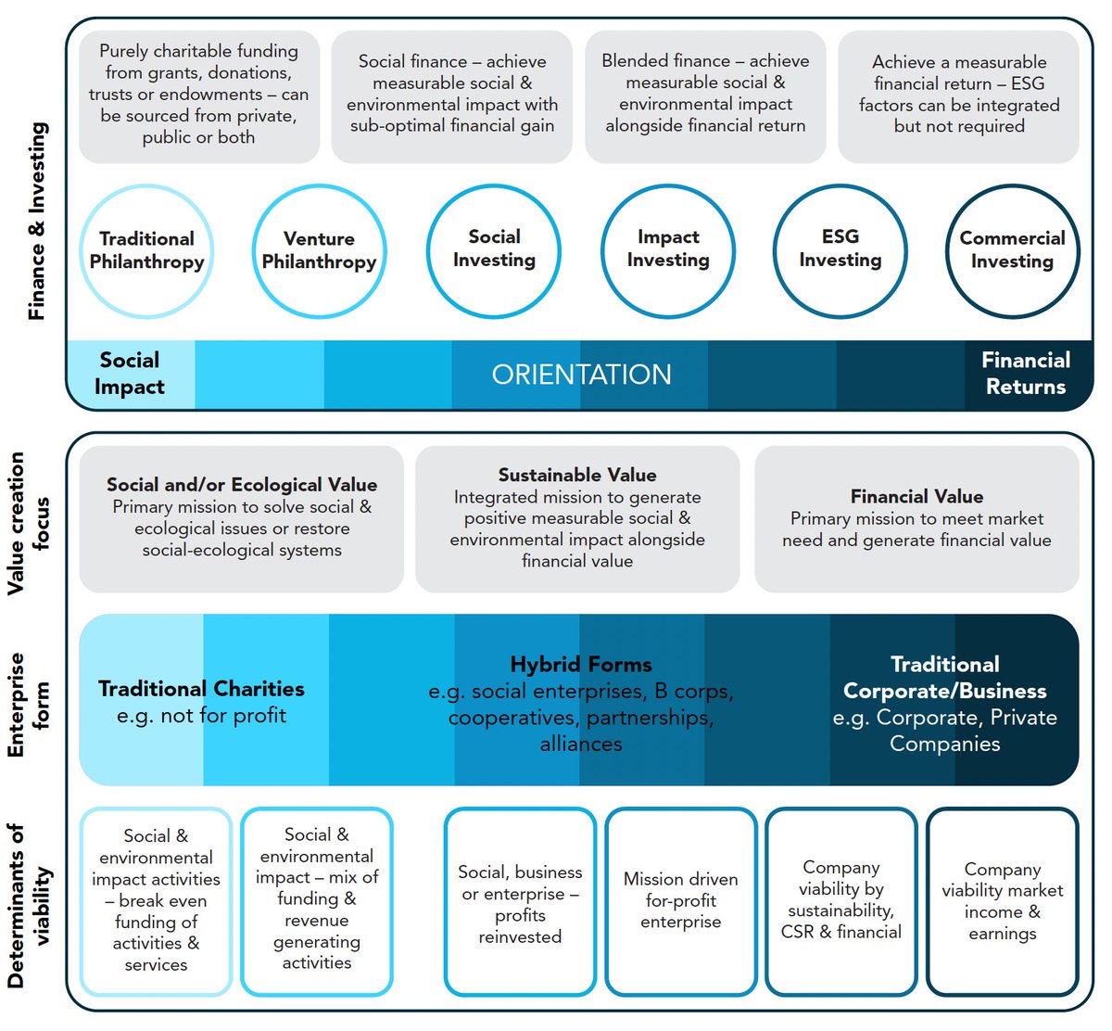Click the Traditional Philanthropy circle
coord(146,251)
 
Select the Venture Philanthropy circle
coord(319,251)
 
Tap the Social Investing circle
coord(494,250)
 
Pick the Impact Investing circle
coord(668,250)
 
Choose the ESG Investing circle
coord(840,250)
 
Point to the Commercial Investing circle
coord(1012,250)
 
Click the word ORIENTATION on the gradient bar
coord(581,375)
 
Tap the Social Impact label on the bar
coord(130,374)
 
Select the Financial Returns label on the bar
coord(1026,374)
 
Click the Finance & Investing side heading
coord(37,222)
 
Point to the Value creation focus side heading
coord(29,523)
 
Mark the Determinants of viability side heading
coord(29,906)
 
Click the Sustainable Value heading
coord(577,476)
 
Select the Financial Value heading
coord(916,497)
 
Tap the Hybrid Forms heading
coord(581,665)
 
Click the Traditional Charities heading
coord(201,689)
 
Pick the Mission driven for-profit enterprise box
coord(681,900)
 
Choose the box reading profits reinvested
coord(520,903)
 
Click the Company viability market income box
coord(1003,901)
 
